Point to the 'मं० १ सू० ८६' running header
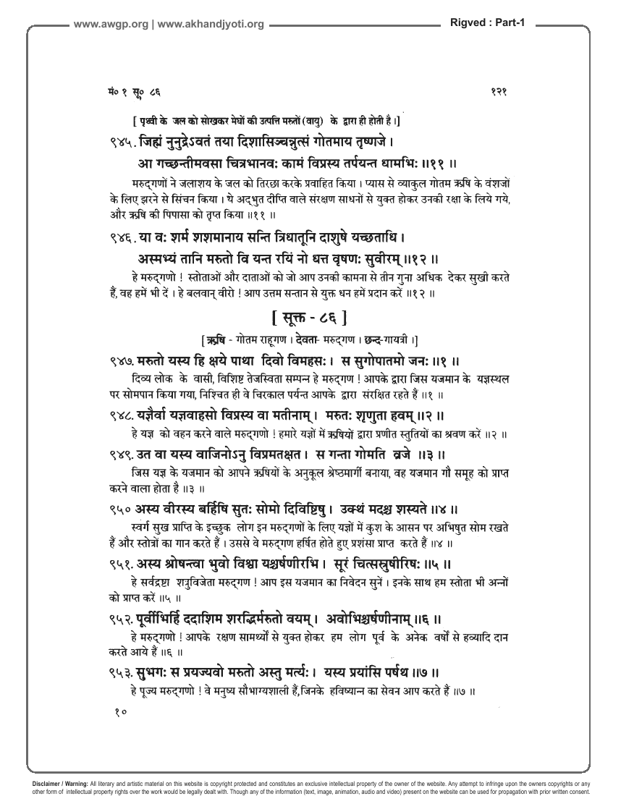click(x=131, y=92)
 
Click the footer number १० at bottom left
click(x=120, y=713)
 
